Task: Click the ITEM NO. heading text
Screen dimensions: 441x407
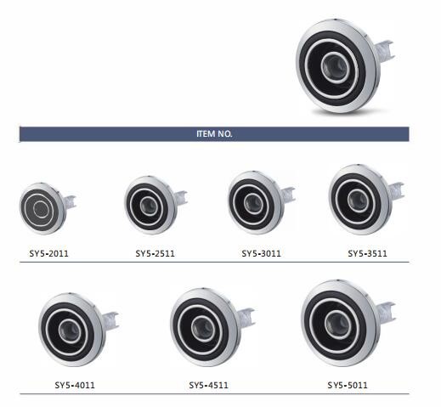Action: pyautogui.click(x=214, y=133)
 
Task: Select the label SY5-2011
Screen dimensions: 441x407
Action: pyautogui.click(x=49, y=253)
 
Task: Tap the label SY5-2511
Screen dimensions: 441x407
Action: pyautogui.click(x=155, y=253)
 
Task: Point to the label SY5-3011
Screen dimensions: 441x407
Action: pyautogui.click(x=261, y=253)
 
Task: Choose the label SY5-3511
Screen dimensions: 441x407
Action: pyautogui.click(x=367, y=253)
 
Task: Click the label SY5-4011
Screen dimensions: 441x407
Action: pyautogui.click(x=75, y=385)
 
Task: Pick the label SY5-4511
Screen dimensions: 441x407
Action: pyautogui.click(x=209, y=385)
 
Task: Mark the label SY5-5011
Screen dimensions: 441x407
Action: pyautogui.click(x=348, y=385)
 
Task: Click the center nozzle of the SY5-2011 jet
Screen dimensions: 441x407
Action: pyautogui.click(x=41, y=209)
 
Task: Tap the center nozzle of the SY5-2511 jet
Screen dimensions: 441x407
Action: pyautogui.click(x=149, y=206)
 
